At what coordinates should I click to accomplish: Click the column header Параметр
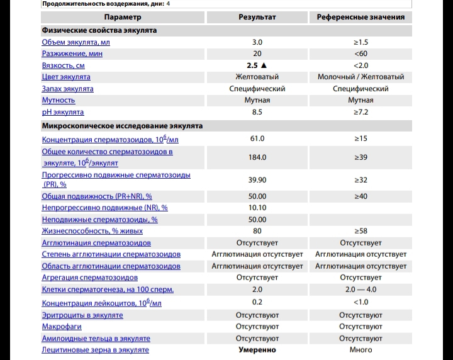[x=123, y=17]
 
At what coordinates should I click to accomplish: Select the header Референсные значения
[x=361, y=17]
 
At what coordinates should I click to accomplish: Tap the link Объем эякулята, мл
[x=75, y=42]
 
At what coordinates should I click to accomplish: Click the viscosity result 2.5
[x=253, y=65]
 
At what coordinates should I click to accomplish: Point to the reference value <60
[x=361, y=53]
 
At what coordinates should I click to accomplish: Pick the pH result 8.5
[x=257, y=112]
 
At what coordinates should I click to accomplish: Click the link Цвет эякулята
[x=66, y=77]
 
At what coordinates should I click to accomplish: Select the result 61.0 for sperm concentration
[x=257, y=138]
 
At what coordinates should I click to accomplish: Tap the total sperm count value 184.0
[x=257, y=157]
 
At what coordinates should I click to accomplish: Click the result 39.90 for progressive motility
[x=257, y=180]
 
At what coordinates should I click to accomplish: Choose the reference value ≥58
[x=361, y=231]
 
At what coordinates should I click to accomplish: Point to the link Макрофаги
[x=61, y=327]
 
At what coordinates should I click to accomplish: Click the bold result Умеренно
[x=257, y=350]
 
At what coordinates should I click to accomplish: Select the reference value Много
[x=361, y=350]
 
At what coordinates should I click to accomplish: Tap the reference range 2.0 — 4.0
[x=361, y=290]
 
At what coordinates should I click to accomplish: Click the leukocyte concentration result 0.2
[x=257, y=302]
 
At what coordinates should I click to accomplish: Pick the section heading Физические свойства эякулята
[x=99, y=30]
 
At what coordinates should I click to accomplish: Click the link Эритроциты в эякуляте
[x=82, y=315]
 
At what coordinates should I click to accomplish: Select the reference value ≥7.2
[x=361, y=112]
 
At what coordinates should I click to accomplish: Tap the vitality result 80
[x=257, y=231]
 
